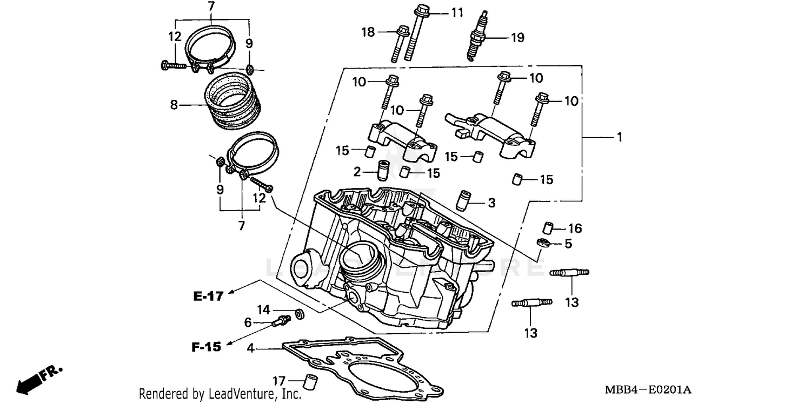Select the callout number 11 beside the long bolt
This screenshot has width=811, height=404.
click(x=457, y=12)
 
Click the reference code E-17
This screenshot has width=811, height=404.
click(x=208, y=297)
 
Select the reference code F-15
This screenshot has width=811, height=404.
click(x=206, y=347)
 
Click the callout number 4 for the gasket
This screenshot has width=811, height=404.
click(x=250, y=348)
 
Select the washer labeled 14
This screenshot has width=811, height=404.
click(x=299, y=313)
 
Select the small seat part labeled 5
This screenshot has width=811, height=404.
click(x=543, y=243)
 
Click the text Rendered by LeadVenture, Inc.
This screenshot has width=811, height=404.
click(x=220, y=394)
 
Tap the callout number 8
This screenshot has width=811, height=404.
click(x=174, y=105)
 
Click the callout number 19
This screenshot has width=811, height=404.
click(x=517, y=37)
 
